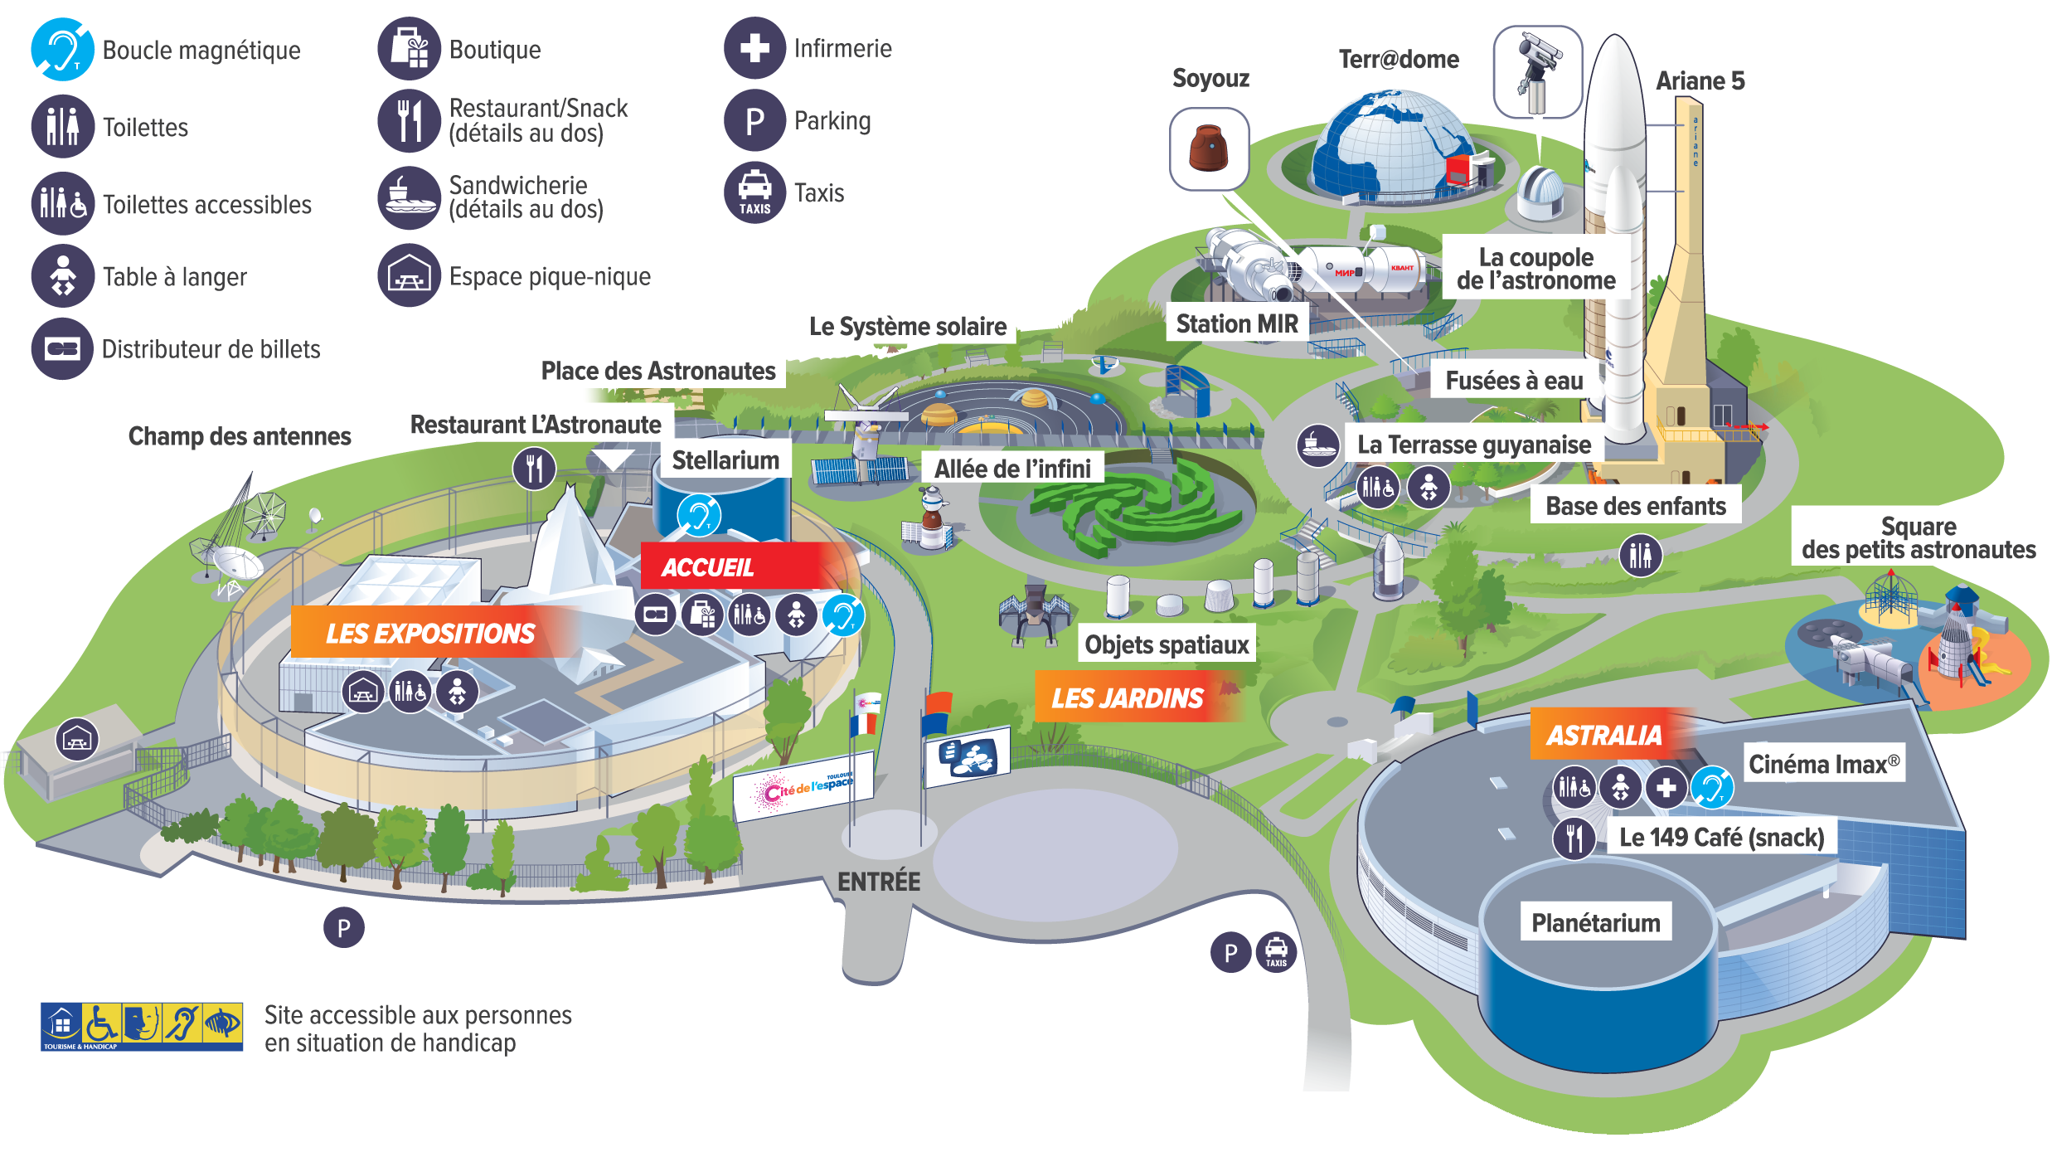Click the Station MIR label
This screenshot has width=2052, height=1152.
(x=1236, y=323)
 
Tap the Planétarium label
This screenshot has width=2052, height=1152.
(x=1595, y=923)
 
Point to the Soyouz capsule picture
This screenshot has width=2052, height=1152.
(x=1208, y=148)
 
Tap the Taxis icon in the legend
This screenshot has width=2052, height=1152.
(x=754, y=193)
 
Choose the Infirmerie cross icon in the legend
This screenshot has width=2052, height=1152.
(x=754, y=48)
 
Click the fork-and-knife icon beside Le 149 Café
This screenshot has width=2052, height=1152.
(x=1574, y=838)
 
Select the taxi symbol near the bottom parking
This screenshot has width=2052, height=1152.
(x=1276, y=952)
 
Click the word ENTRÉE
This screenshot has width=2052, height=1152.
(x=879, y=882)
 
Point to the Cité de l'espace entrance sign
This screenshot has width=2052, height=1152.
(x=804, y=786)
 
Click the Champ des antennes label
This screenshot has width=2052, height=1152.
(x=240, y=435)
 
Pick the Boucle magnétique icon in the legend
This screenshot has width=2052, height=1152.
(x=63, y=50)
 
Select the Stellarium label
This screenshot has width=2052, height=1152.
(x=725, y=460)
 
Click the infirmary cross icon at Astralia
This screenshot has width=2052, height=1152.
(x=1666, y=787)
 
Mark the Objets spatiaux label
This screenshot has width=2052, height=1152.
(x=1167, y=644)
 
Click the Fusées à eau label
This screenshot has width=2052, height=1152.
(x=1514, y=381)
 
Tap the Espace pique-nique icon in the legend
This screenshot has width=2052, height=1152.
(x=410, y=276)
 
